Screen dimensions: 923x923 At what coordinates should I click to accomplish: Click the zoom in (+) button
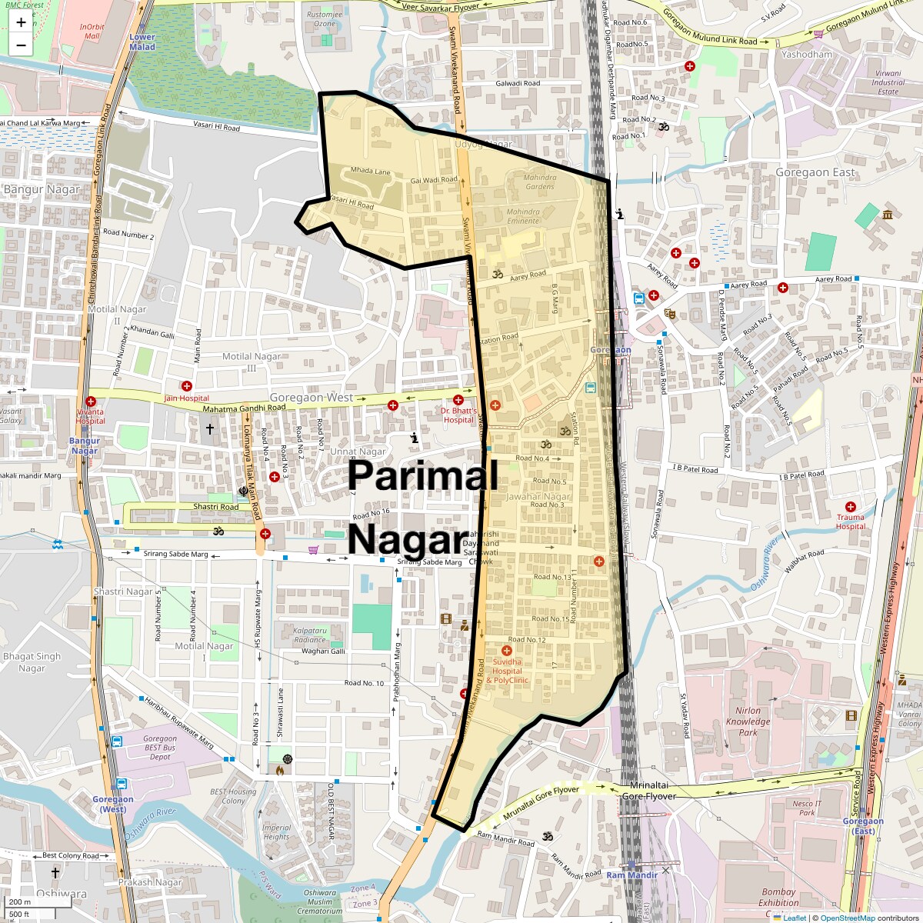click(21, 22)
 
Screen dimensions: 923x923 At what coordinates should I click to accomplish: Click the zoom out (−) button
click(21, 45)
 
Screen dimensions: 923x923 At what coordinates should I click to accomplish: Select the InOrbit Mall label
click(92, 32)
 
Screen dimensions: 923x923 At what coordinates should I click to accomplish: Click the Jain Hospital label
click(186, 398)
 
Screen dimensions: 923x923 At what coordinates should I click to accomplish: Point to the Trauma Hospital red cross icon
click(850, 507)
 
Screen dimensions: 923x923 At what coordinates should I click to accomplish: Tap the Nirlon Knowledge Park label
click(748, 721)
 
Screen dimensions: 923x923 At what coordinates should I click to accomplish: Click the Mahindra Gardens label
click(539, 182)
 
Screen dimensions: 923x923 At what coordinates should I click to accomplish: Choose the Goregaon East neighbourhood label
click(815, 172)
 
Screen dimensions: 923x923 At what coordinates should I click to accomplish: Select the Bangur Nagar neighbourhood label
click(42, 189)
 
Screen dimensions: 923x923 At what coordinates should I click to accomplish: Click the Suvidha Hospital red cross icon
click(506, 651)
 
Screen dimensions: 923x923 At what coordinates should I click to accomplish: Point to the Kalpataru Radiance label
click(310, 635)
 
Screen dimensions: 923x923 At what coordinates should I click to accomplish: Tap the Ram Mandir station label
click(631, 875)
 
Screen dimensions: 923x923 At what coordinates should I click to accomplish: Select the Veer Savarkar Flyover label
click(441, 7)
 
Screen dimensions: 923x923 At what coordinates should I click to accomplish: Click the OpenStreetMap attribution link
click(848, 918)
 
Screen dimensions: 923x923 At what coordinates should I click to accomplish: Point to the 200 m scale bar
click(21, 902)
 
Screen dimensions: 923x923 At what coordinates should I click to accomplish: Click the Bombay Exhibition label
click(778, 898)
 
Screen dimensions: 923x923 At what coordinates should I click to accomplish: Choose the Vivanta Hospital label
click(90, 416)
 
